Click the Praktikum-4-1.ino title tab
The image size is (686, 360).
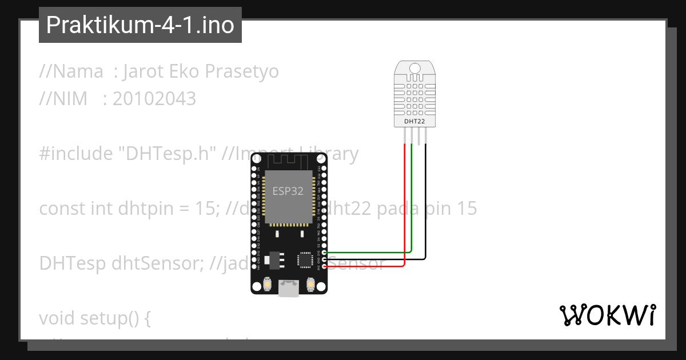(x=140, y=25)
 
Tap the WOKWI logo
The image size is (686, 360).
(x=607, y=315)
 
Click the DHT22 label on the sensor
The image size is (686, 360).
(x=414, y=121)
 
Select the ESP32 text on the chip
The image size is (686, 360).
(x=288, y=191)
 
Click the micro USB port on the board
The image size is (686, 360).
(x=289, y=289)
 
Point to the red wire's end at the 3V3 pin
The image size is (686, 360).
(x=325, y=266)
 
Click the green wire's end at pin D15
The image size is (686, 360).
(x=325, y=252)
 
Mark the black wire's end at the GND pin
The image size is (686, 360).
(x=325, y=259)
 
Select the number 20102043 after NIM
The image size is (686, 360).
(x=154, y=99)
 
